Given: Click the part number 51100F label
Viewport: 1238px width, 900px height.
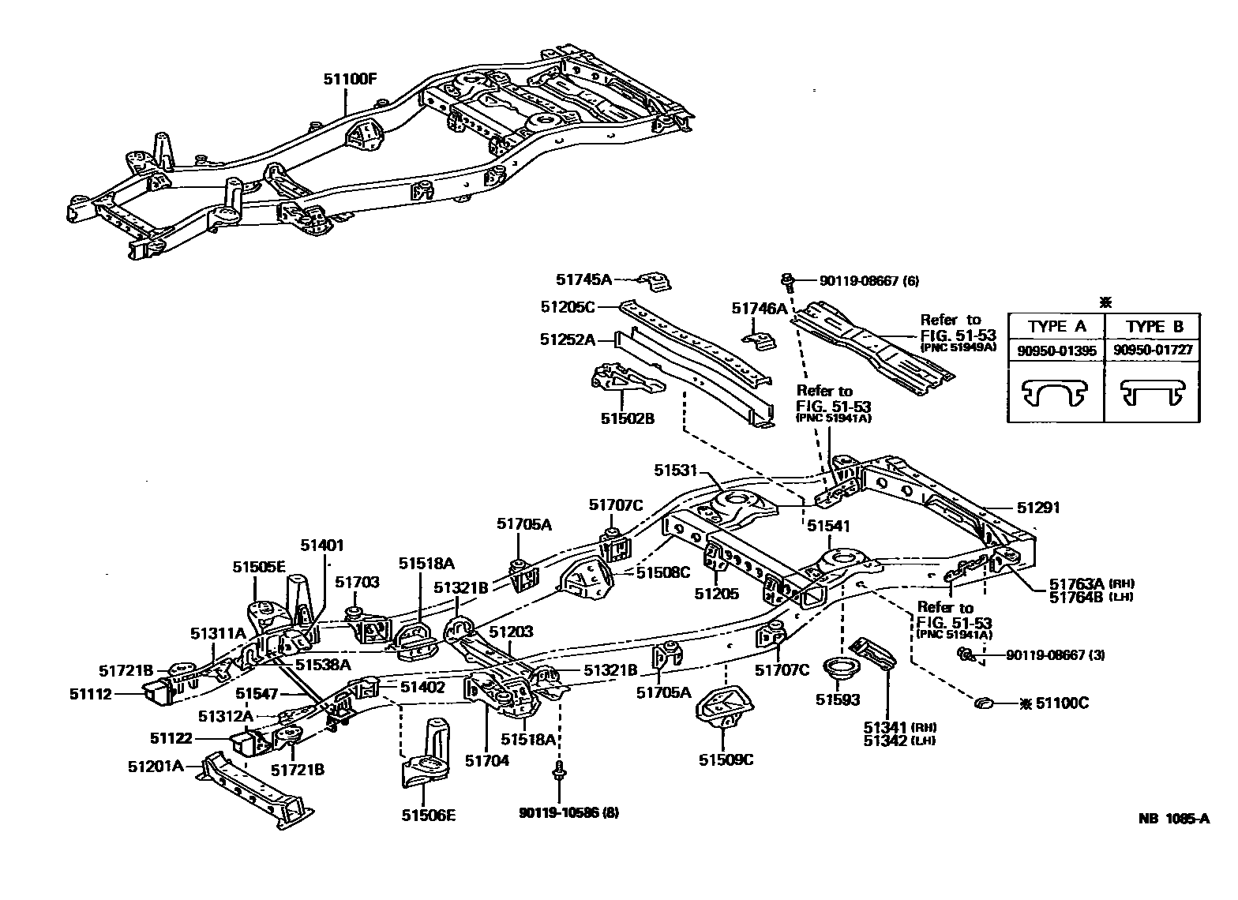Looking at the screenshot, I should point(350,79).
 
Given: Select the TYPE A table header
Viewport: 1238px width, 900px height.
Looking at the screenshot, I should point(1056,326).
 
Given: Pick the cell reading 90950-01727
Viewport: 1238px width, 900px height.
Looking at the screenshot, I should point(1152,350).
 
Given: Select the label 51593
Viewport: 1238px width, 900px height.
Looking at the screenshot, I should point(838,699).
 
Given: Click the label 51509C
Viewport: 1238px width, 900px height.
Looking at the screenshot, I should point(726,759).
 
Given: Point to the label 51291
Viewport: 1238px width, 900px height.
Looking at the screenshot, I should point(1038,508).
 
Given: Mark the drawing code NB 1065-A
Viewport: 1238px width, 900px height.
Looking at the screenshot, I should point(1173,818).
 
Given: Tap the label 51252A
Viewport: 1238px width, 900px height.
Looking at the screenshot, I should point(567,339).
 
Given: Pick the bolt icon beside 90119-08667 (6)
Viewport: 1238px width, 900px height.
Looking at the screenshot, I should point(787,281).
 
